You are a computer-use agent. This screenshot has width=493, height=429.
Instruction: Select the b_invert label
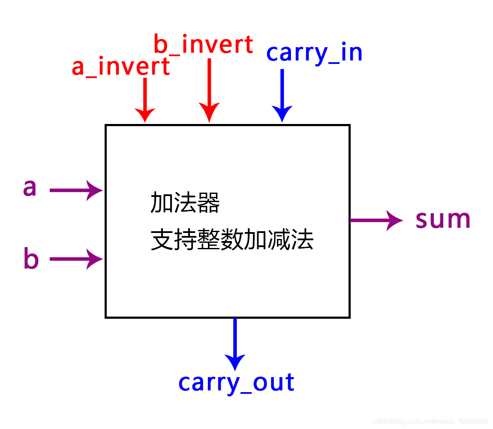pos(203,45)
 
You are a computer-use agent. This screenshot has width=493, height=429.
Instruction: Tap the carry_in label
pos(314,53)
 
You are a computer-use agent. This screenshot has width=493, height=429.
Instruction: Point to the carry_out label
pos(236,382)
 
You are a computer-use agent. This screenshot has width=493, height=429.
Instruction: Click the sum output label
pos(443,219)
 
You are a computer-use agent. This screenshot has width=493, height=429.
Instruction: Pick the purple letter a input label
pos(30,188)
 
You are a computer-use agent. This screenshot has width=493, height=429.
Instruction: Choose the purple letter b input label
pos(31,259)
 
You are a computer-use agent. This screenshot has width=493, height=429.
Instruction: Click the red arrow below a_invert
pos(145,100)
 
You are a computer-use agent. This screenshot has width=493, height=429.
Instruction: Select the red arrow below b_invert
pos(209,90)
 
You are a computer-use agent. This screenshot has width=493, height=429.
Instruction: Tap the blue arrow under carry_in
pos(282,95)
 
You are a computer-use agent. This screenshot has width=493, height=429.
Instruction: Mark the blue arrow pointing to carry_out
pos(235,343)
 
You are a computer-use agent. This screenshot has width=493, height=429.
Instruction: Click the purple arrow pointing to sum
pos(376,220)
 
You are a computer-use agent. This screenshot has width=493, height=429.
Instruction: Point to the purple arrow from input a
pos(76,190)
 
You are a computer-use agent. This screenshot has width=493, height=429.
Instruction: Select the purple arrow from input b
pos(76,259)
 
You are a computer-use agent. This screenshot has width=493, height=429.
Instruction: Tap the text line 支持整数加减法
pos(232,240)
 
